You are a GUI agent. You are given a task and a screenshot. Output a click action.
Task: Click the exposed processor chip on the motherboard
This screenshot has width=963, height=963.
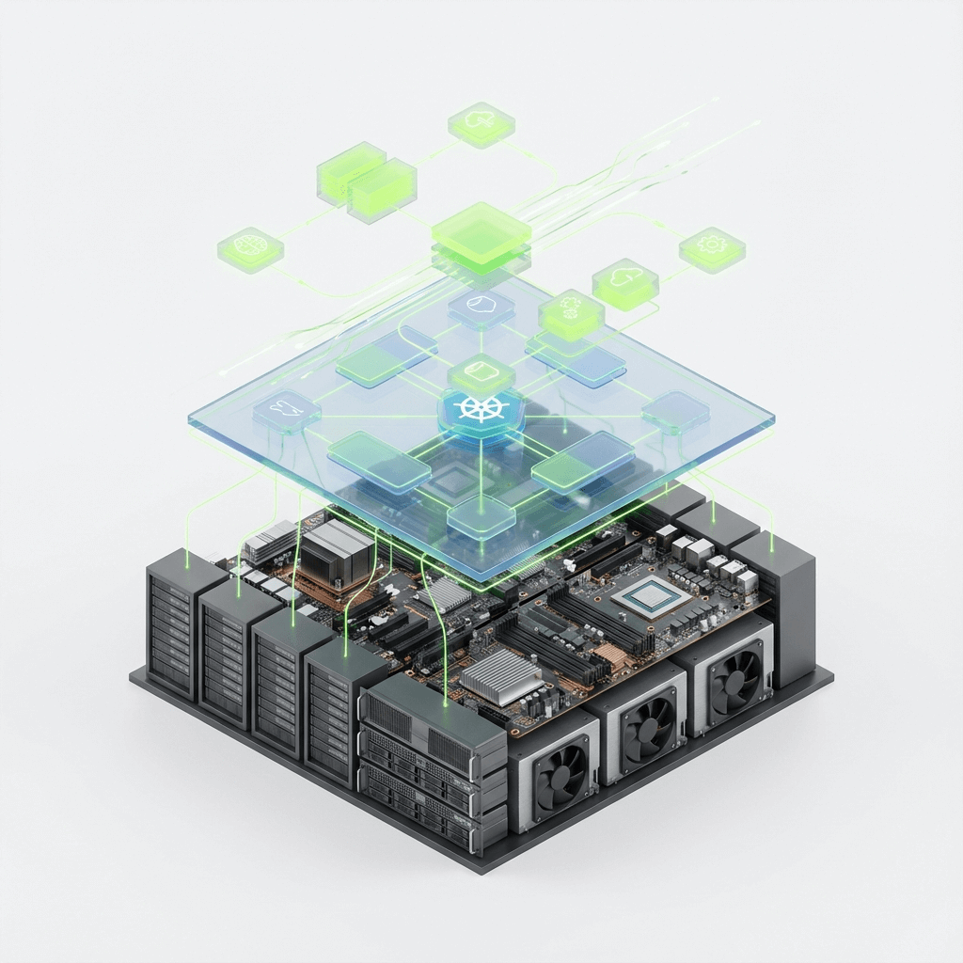647,595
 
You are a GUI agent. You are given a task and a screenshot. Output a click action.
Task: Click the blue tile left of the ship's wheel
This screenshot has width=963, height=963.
286,412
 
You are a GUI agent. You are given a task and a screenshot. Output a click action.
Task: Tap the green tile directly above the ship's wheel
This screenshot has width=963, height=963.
481,373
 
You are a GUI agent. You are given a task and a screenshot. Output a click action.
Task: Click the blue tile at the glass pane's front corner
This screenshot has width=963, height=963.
481,514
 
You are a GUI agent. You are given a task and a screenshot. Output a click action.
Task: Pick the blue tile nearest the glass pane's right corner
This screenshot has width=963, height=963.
674,410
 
